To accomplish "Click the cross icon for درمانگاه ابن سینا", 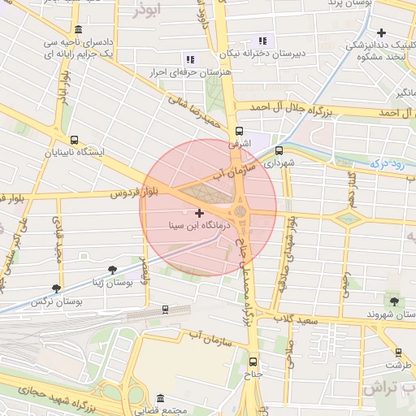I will [x=200, y=212].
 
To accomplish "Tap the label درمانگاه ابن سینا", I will [x=200, y=223].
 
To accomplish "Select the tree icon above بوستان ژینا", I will [x=112, y=270].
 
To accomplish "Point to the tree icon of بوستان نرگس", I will [x=56, y=288].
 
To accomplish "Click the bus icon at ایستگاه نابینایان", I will [x=75, y=139].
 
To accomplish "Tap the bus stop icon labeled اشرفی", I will [x=239, y=131].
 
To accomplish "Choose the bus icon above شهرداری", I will [x=279, y=150].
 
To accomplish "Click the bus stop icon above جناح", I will [x=253, y=362].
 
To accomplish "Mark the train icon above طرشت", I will [x=398, y=352].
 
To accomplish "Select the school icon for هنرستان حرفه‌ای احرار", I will [x=190, y=59].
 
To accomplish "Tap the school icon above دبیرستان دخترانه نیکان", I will [x=262, y=41].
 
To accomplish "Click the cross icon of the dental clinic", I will [x=382, y=32].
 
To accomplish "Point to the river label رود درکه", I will [x=387, y=163].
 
